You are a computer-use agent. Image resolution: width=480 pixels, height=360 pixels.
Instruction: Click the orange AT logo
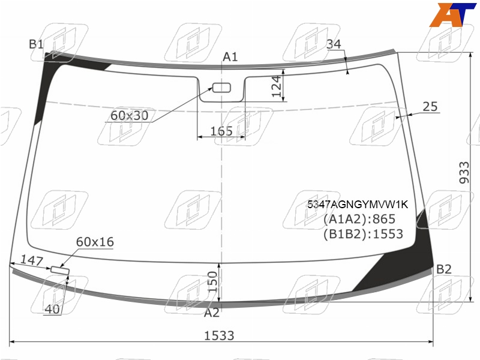pyautogui.click(x=452, y=14)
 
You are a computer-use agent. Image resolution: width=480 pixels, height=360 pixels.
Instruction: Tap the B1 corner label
pyautogui.click(x=37, y=44)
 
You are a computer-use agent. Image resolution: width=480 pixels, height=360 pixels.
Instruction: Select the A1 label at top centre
pyautogui.click(x=230, y=57)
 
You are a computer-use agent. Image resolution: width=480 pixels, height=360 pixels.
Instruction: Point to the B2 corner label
pyautogui.click(x=444, y=269)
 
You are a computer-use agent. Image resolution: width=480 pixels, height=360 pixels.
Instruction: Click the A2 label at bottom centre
pyautogui.click(x=212, y=313)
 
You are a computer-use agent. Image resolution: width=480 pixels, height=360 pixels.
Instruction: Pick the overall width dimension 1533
pyautogui.click(x=219, y=336)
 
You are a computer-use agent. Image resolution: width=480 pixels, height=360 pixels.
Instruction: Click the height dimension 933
pyautogui.click(x=464, y=173)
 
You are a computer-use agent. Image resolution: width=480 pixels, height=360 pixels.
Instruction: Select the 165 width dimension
pyautogui.click(x=221, y=131)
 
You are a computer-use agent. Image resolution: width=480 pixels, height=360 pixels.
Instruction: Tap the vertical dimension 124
pyautogui.click(x=277, y=86)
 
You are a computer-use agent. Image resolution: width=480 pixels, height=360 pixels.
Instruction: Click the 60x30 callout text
pyautogui.click(x=129, y=115)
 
